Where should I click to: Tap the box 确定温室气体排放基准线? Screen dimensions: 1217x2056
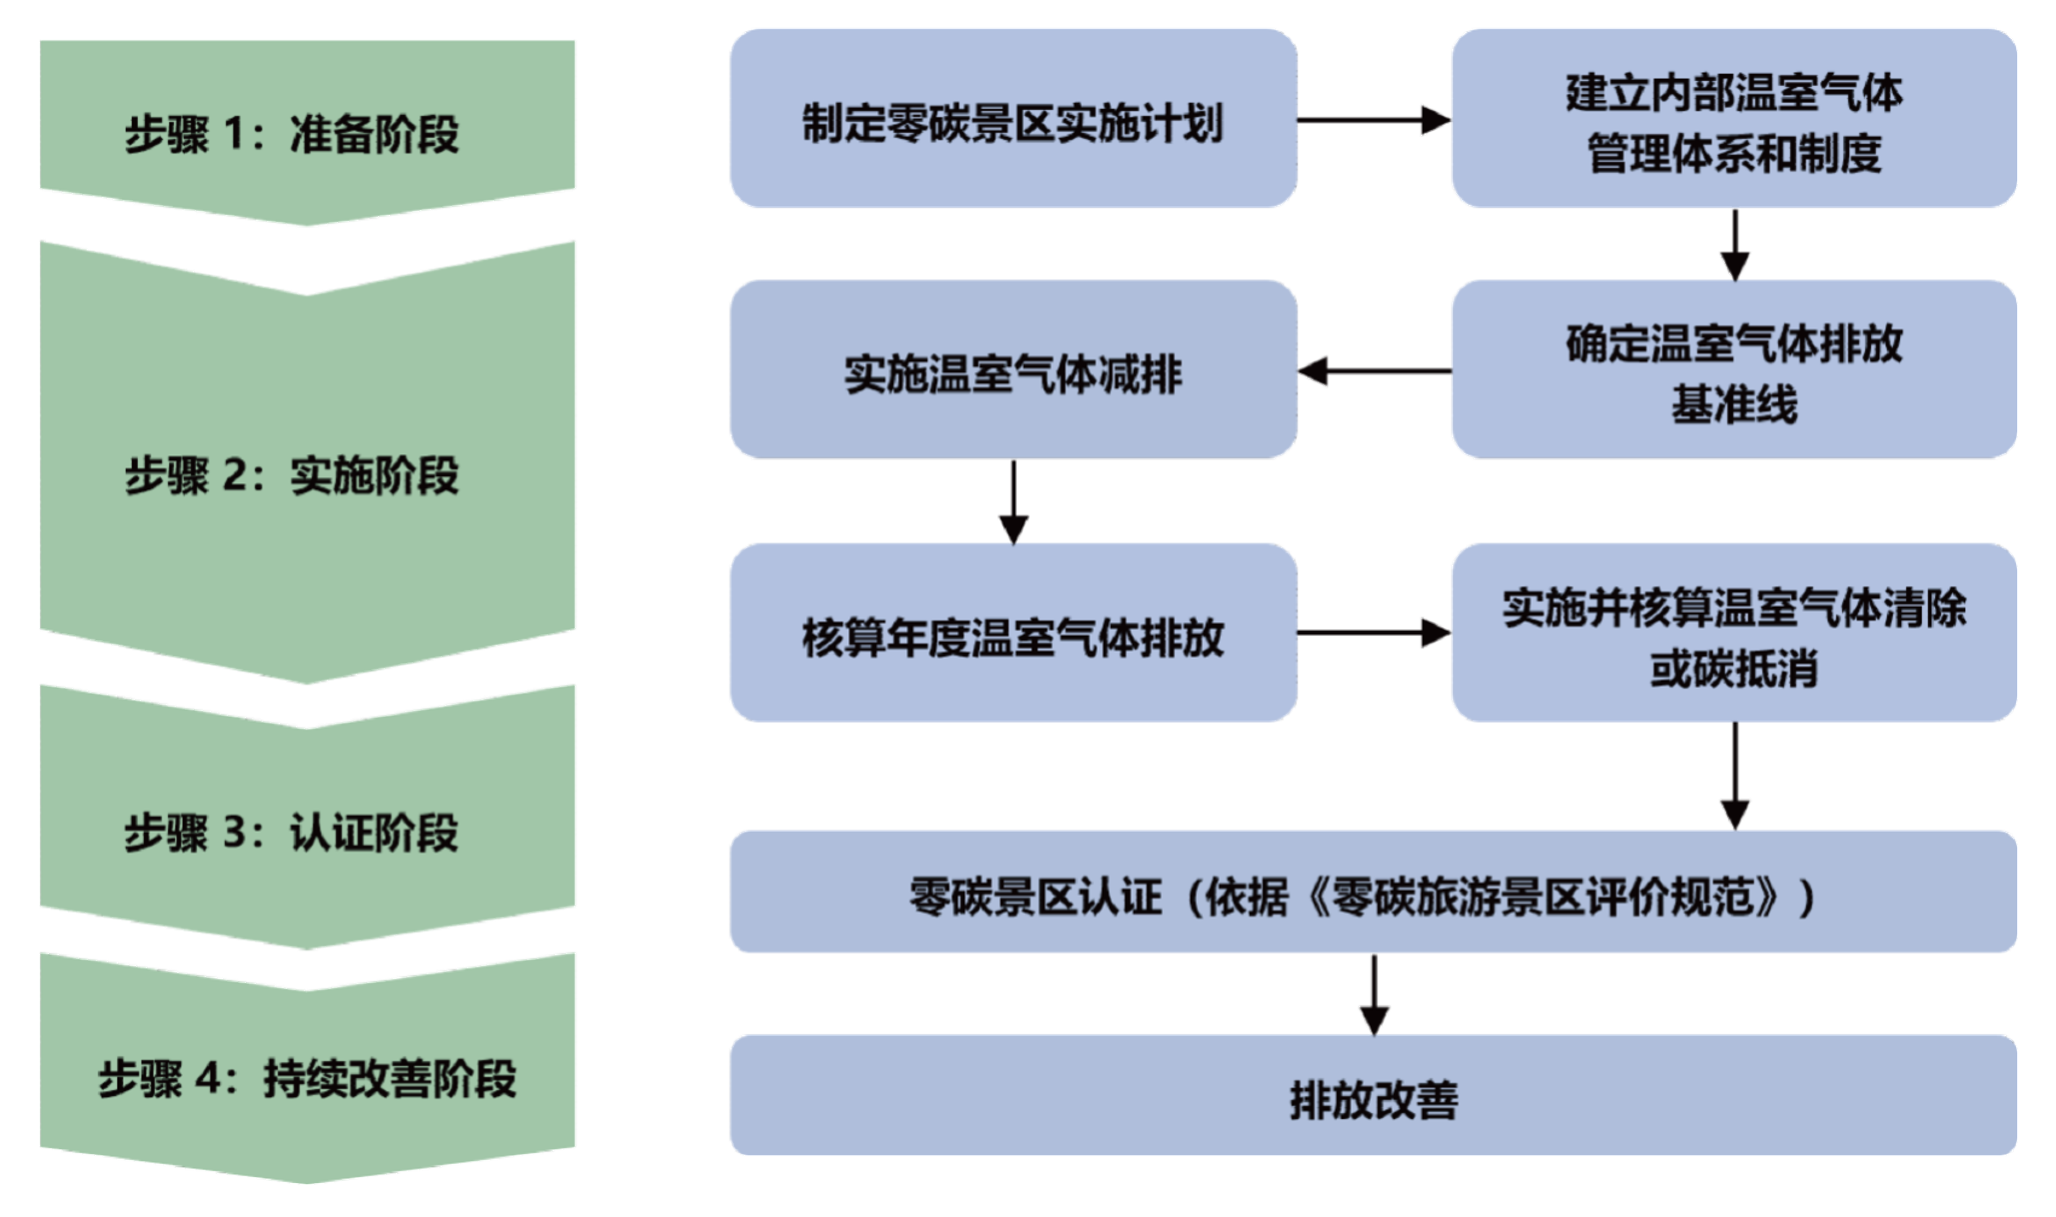point(1734,371)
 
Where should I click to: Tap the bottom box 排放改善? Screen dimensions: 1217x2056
point(1373,1097)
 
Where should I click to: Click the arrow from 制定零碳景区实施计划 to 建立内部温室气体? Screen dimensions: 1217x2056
point(1373,121)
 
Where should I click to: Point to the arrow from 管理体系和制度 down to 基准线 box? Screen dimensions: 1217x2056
point(1734,244)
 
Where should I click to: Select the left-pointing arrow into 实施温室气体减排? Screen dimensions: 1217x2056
point(1373,372)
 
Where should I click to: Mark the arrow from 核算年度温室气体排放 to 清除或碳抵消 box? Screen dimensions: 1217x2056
point(1373,633)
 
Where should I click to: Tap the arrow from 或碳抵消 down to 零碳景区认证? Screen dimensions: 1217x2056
point(1734,776)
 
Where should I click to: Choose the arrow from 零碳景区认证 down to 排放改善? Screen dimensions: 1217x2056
point(1374,994)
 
